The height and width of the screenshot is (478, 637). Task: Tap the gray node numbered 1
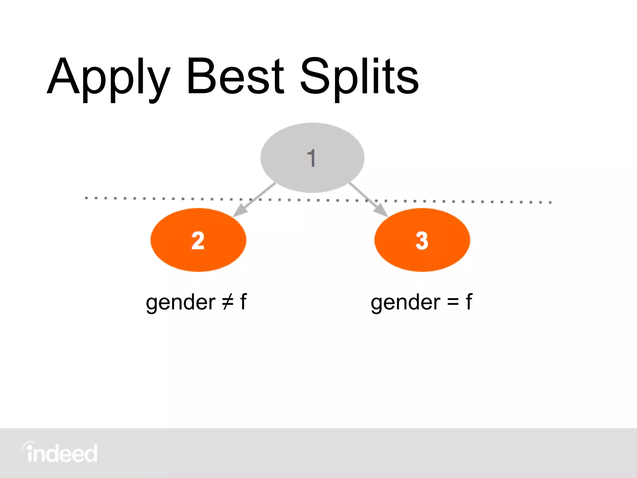(312, 157)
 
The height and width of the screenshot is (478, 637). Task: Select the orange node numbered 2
(198, 240)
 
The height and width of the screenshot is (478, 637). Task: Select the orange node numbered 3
(422, 240)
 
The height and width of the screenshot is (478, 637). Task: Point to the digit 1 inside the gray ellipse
(311, 158)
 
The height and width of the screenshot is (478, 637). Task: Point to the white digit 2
(198, 241)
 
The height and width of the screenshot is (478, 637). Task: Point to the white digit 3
(422, 241)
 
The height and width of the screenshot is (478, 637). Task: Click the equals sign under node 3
(453, 302)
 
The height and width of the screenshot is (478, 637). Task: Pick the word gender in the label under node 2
(180, 303)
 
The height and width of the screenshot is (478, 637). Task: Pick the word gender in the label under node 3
(405, 303)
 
